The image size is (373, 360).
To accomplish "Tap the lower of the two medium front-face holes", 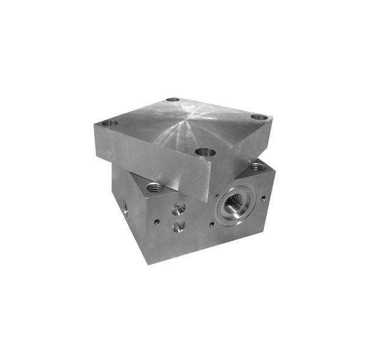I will [x=178, y=227].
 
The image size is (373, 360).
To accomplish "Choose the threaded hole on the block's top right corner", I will [x=257, y=166].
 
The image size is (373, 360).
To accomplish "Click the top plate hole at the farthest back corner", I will [x=173, y=99].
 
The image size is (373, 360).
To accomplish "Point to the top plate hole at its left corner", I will [x=108, y=123].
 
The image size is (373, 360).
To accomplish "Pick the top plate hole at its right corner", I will [x=259, y=116].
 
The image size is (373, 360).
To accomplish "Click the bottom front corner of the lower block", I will [x=149, y=263].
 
